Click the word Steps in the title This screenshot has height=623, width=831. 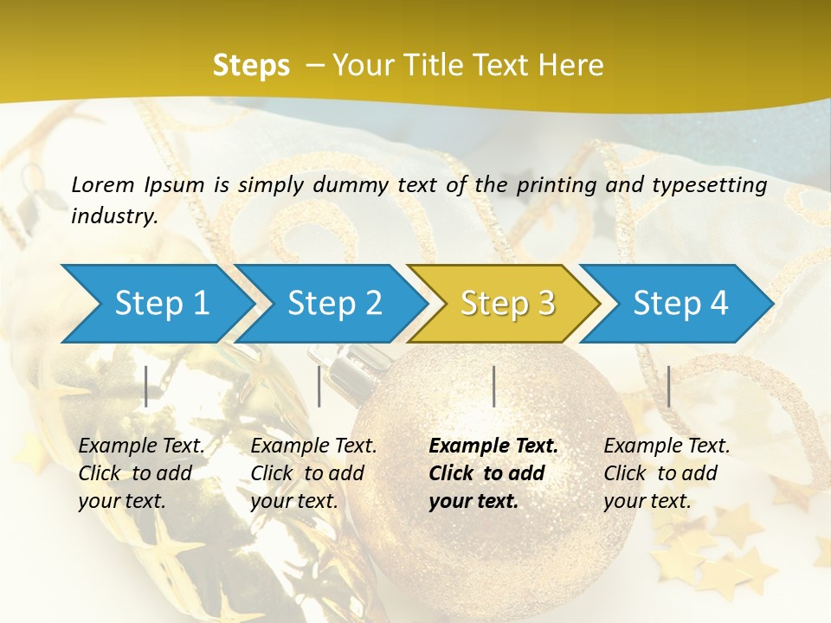coord(251,66)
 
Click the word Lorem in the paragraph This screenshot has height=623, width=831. coord(102,184)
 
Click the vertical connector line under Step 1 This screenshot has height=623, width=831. coord(146,386)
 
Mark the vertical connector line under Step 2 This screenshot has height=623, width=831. coord(319,386)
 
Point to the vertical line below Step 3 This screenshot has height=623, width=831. coord(494,386)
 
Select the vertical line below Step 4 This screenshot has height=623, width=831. coord(669,386)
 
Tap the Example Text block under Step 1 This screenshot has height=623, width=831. coord(141,473)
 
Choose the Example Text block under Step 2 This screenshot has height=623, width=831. coord(313,473)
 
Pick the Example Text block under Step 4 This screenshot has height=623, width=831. coord(667,473)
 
